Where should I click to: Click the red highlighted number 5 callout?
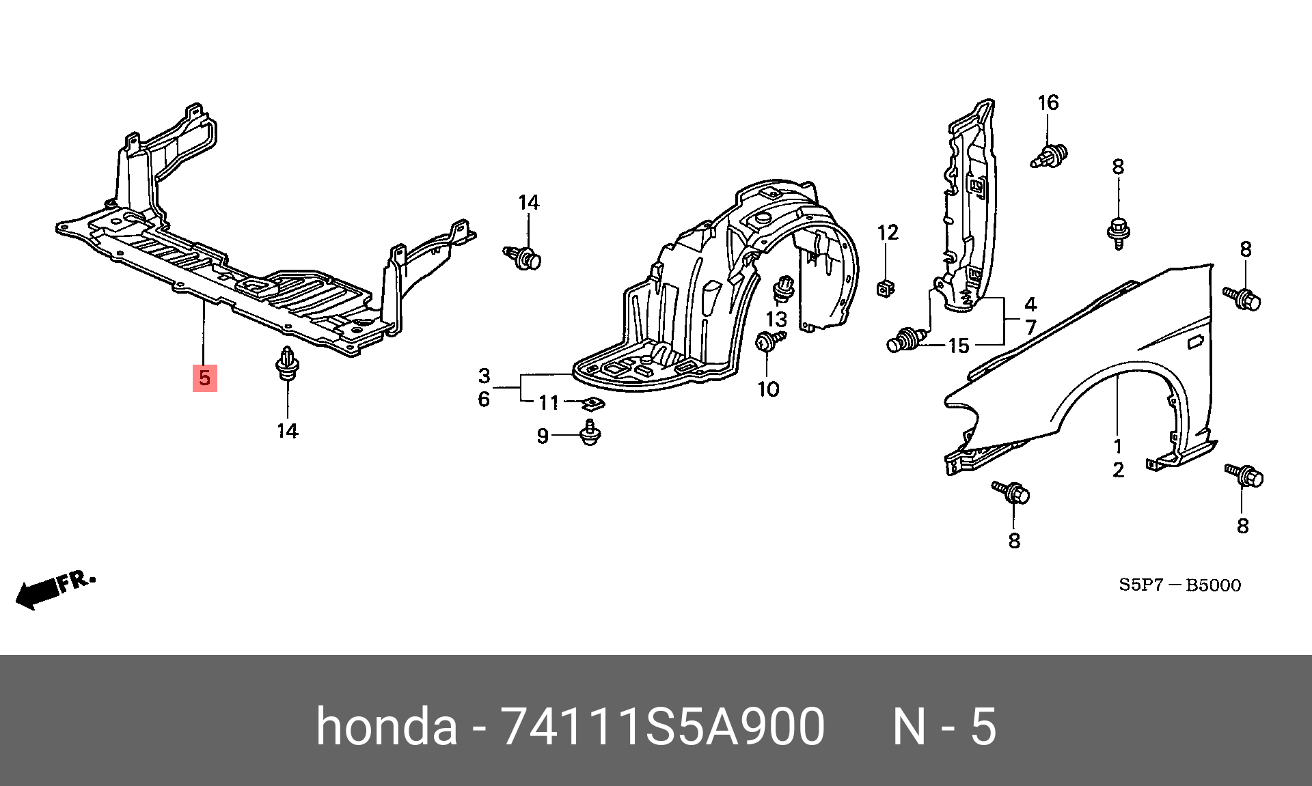(205, 378)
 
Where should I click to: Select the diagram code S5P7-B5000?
(1179, 585)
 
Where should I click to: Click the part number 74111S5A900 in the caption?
(663, 727)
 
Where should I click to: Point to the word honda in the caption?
(386, 727)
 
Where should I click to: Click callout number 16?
(1048, 103)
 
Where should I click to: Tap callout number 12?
(888, 233)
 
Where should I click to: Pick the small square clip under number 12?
(886, 290)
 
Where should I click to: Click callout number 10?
(768, 389)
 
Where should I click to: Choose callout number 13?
(776, 319)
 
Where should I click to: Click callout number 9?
(543, 436)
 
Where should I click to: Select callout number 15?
(959, 346)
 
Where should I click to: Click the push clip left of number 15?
(905, 339)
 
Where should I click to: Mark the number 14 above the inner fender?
(528, 203)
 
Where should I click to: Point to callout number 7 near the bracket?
(1030, 327)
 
